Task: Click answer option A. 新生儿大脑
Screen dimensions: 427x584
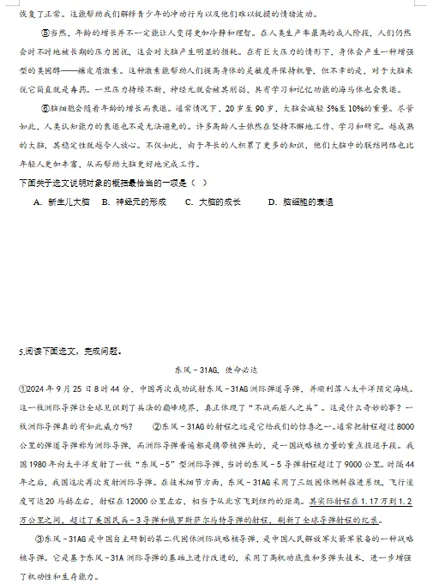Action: coord(61,202)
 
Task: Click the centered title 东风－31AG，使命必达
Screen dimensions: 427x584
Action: coord(214,370)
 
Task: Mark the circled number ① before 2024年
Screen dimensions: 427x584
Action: coord(23,388)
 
